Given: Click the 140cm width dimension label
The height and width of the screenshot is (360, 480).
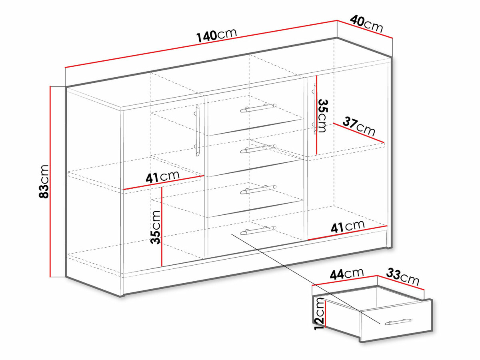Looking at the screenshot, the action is coord(216,36).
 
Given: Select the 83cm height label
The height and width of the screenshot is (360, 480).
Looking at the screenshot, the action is coord(44,182).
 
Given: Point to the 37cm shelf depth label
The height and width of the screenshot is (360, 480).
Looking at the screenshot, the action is coord(359,126).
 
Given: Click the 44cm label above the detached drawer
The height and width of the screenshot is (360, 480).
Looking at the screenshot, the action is coord(347,274).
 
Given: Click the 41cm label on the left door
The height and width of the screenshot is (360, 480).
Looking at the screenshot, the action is coord(162,177).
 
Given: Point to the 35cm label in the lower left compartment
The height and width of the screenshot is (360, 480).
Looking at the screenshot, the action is coord(156,227).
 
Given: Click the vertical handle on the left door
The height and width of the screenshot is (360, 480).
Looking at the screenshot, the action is coord(197,130).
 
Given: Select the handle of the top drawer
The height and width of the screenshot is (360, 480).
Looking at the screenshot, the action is coord(258,108).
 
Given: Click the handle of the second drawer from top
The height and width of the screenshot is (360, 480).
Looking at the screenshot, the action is coord(258,149).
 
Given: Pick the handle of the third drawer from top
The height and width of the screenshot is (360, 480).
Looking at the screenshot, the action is coord(258,190).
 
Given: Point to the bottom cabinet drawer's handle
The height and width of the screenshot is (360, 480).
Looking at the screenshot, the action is coord(258,230).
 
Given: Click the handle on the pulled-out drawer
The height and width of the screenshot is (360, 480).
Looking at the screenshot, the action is coord(398,322).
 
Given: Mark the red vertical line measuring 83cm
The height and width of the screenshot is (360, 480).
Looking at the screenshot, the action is coord(50,182).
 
